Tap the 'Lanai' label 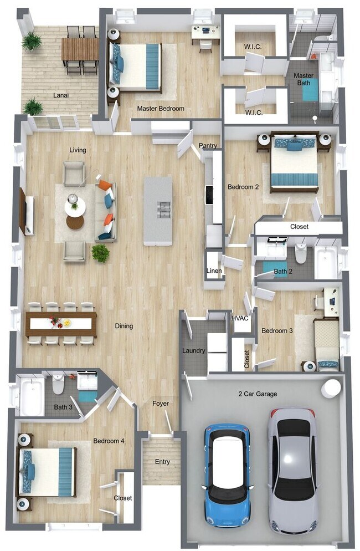tap(61, 95)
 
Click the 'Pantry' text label tap(208, 146)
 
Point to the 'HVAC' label tap(239, 318)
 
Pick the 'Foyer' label tap(161, 404)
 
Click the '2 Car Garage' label tap(258, 394)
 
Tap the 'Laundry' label tap(194, 351)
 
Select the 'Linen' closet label tap(214, 271)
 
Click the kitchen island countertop tap(158, 211)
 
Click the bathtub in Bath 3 tap(31, 396)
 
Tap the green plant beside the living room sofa tap(100, 253)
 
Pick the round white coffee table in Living tap(75, 207)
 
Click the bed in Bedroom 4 tap(47, 472)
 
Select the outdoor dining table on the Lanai tap(80, 49)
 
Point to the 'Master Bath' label tap(304, 79)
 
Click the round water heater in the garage tap(331, 387)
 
